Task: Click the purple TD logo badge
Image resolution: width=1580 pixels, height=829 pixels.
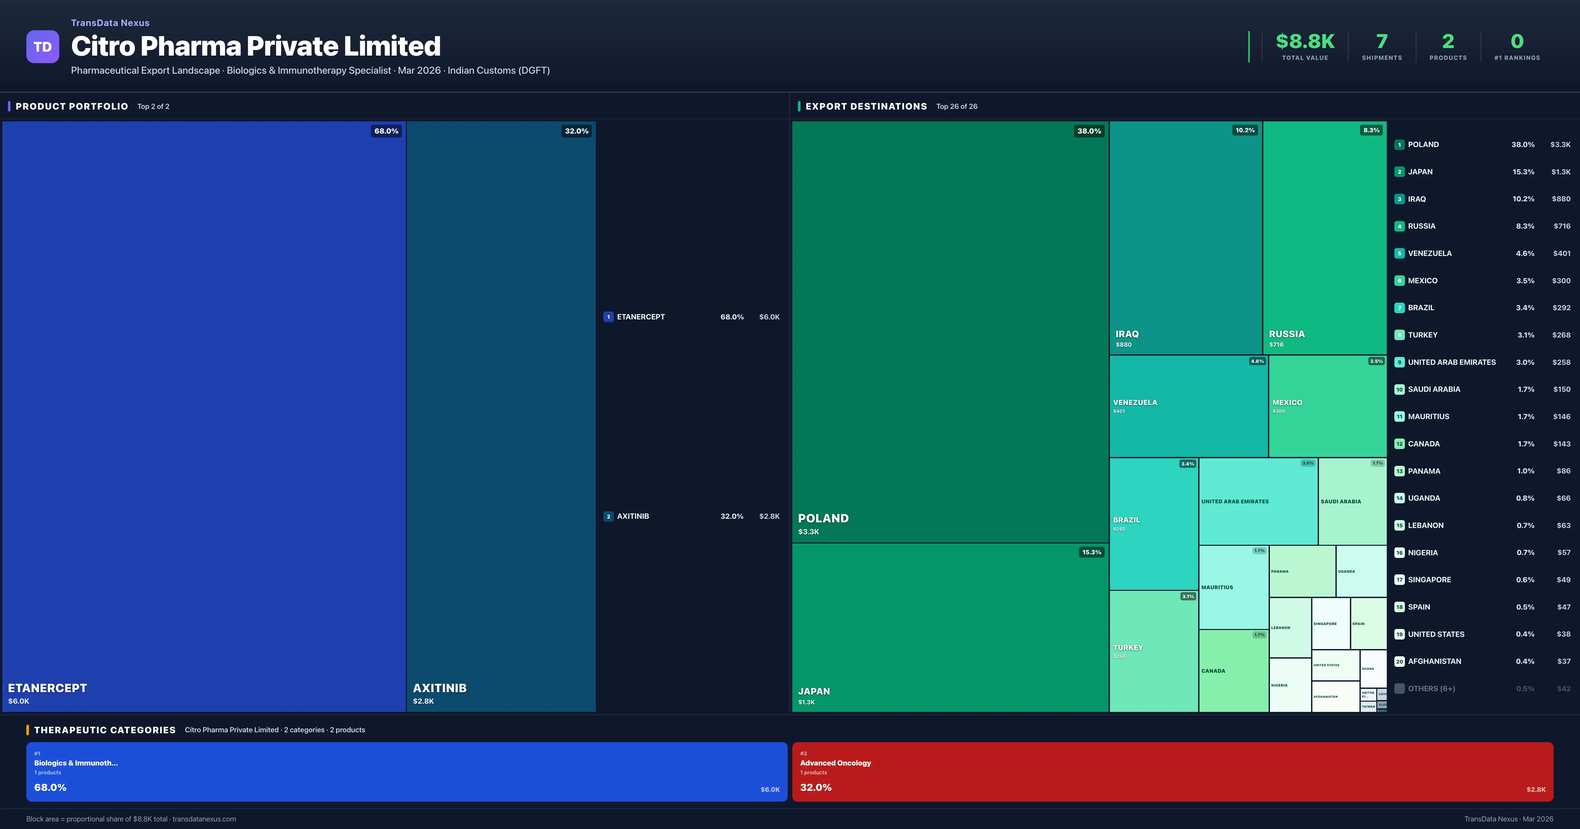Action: click(x=42, y=47)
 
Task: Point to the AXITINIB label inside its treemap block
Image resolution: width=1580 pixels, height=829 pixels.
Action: click(x=439, y=688)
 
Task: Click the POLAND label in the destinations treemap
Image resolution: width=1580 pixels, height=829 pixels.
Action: click(x=823, y=518)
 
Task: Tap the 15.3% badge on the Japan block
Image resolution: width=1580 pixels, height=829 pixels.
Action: click(x=1091, y=552)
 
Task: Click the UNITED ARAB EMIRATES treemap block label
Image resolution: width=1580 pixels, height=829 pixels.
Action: click(x=1235, y=502)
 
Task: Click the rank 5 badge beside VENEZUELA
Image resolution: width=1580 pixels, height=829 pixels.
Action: click(x=1399, y=253)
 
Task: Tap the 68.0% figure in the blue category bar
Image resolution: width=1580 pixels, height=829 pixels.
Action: click(x=50, y=787)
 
